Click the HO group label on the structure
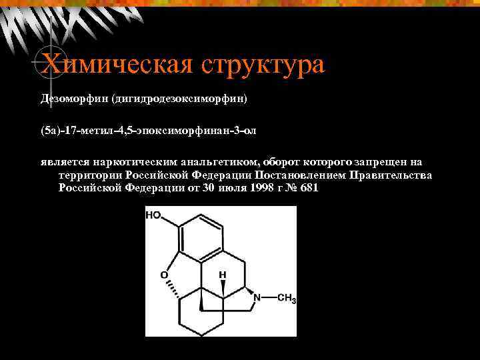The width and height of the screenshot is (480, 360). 154,215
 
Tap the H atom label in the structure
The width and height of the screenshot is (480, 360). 223,274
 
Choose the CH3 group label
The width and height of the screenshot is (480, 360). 286,299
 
